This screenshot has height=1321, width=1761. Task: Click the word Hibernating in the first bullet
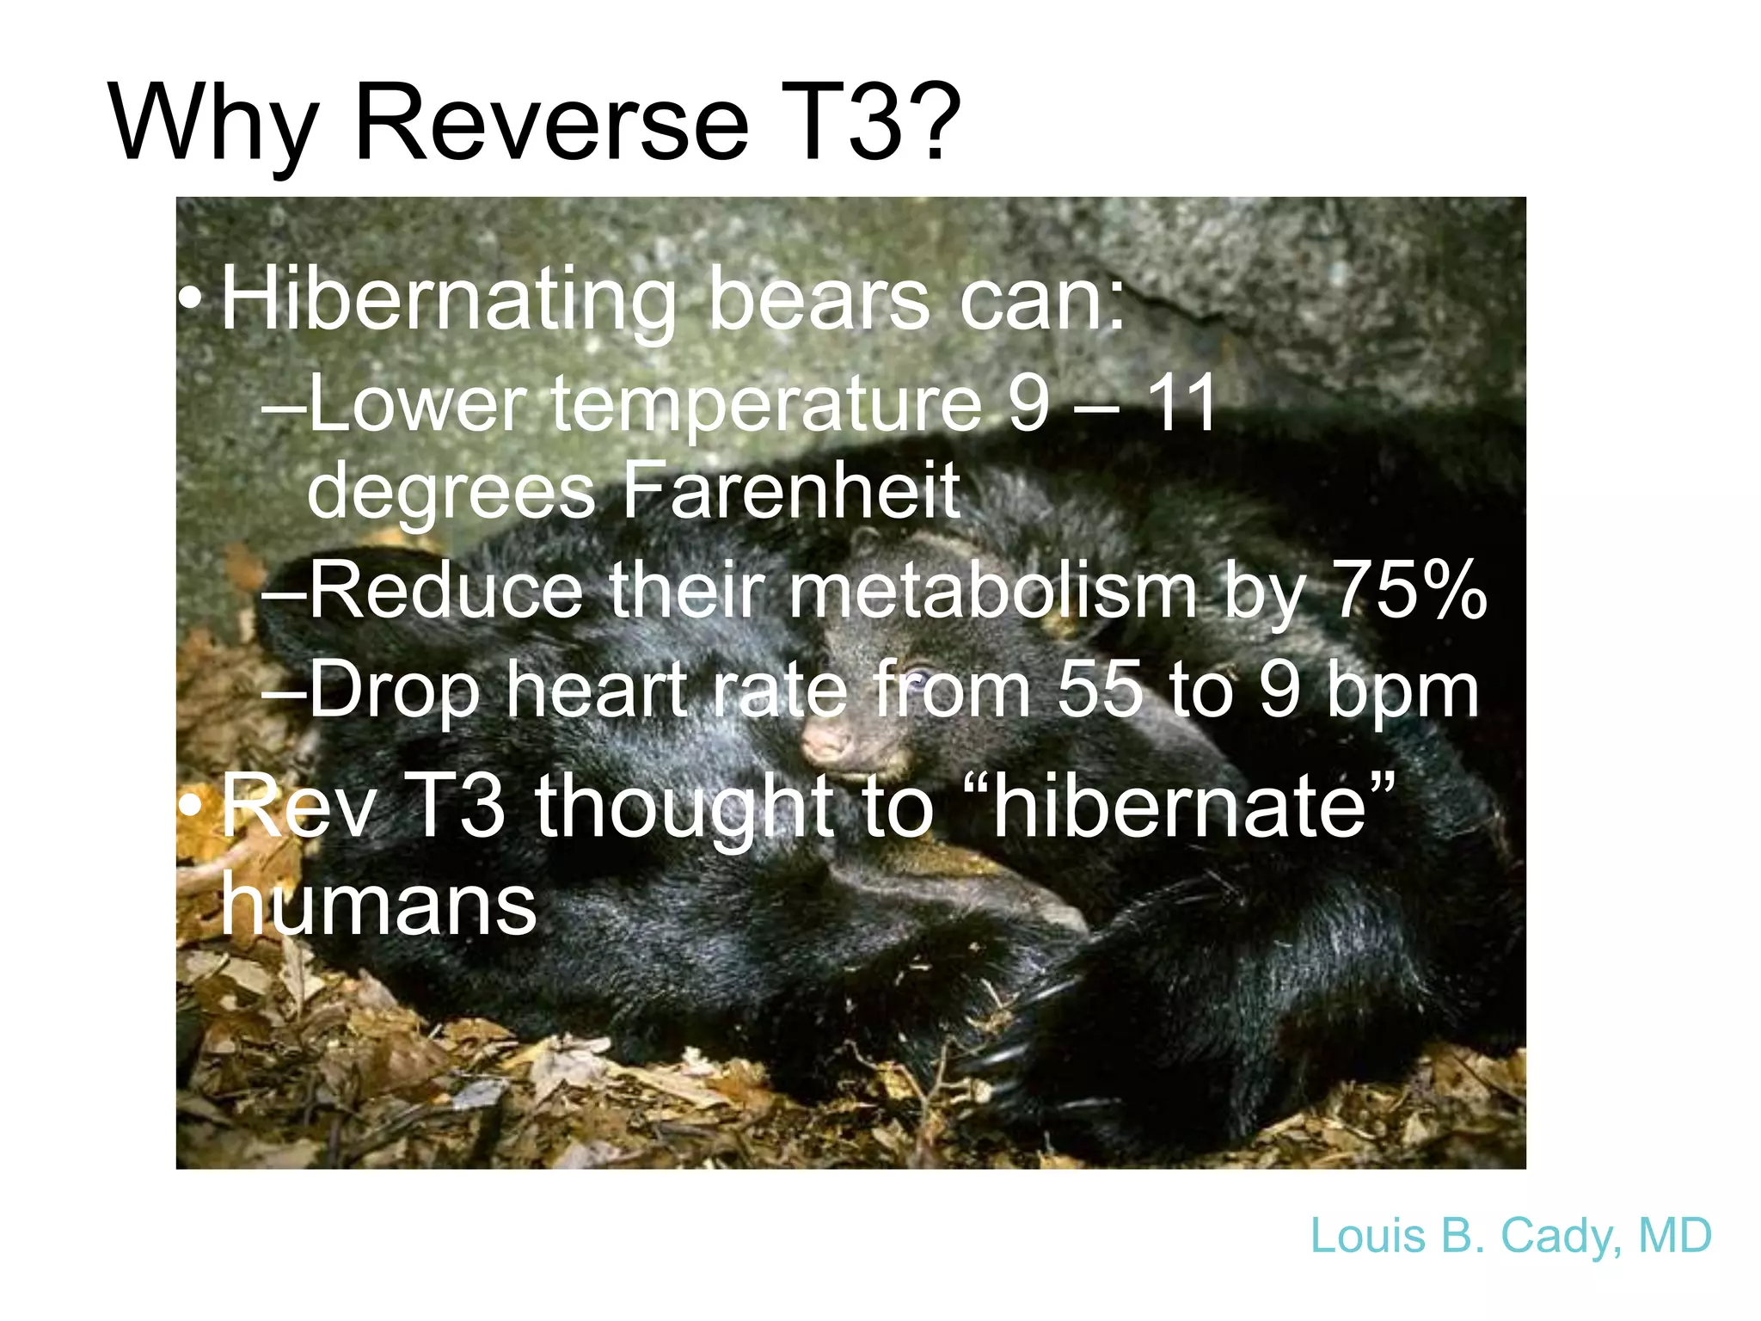[448, 301]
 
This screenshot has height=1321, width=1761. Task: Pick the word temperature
[765, 404]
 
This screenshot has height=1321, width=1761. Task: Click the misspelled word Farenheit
[790, 491]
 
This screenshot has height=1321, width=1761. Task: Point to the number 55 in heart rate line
[1100, 690]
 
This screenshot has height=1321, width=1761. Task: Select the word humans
[378, 905]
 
